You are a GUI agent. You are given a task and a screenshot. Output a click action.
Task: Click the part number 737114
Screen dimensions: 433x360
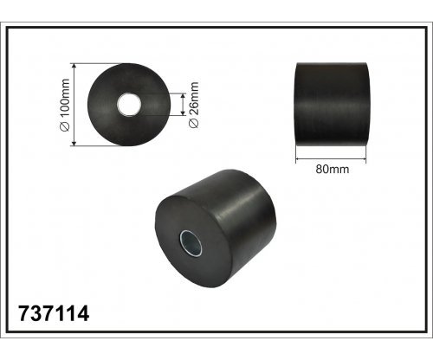coord(54,313)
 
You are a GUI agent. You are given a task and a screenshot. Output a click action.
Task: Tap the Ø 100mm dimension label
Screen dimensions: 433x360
coord(66,105)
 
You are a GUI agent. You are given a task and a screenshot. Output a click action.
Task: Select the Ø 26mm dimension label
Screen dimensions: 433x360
coord(194,105)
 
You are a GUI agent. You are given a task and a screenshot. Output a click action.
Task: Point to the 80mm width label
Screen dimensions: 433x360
coord(332,169)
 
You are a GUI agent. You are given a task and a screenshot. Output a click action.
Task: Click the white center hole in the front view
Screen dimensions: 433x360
coord(129,105)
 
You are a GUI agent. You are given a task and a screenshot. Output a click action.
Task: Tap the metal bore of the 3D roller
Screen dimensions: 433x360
coord(191,243)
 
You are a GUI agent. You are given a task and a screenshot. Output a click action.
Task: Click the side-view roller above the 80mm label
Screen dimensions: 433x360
coord(332,105)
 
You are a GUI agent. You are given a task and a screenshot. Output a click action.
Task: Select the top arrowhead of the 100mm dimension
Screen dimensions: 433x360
coord(74,66)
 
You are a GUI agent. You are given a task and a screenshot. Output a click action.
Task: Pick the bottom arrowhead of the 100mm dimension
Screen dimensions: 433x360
coord(74,144)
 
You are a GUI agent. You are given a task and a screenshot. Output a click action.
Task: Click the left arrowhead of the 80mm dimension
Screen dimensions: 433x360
coord(299,158)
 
